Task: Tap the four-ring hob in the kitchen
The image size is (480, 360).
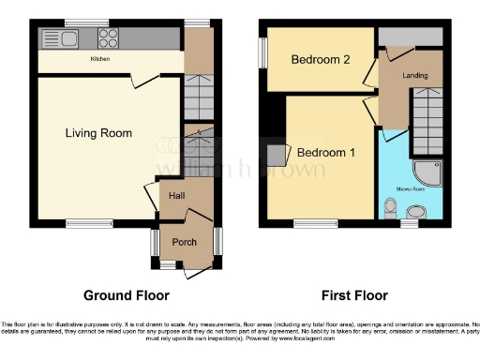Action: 108,38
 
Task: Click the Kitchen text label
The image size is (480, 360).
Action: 101,59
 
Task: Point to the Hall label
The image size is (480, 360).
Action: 176,195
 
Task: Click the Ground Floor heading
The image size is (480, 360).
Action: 127,294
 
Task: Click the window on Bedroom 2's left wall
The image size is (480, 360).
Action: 263,52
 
